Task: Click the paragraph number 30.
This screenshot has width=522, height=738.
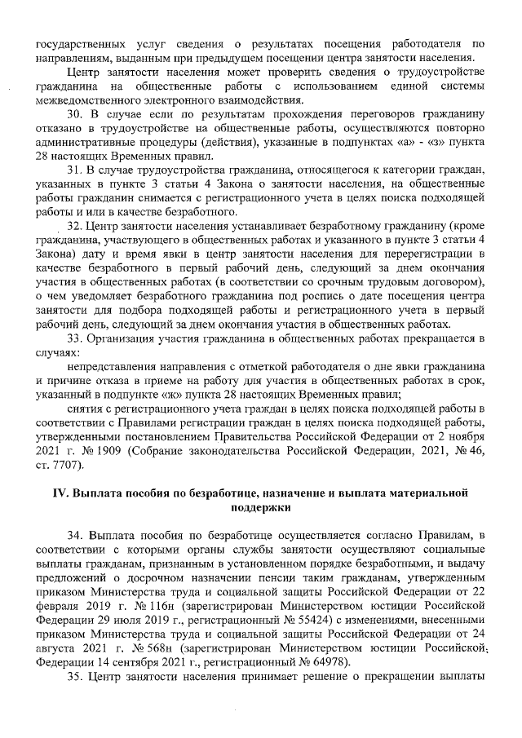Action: [x=75, y=113]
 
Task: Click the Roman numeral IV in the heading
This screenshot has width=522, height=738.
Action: [x=59, y=493]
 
